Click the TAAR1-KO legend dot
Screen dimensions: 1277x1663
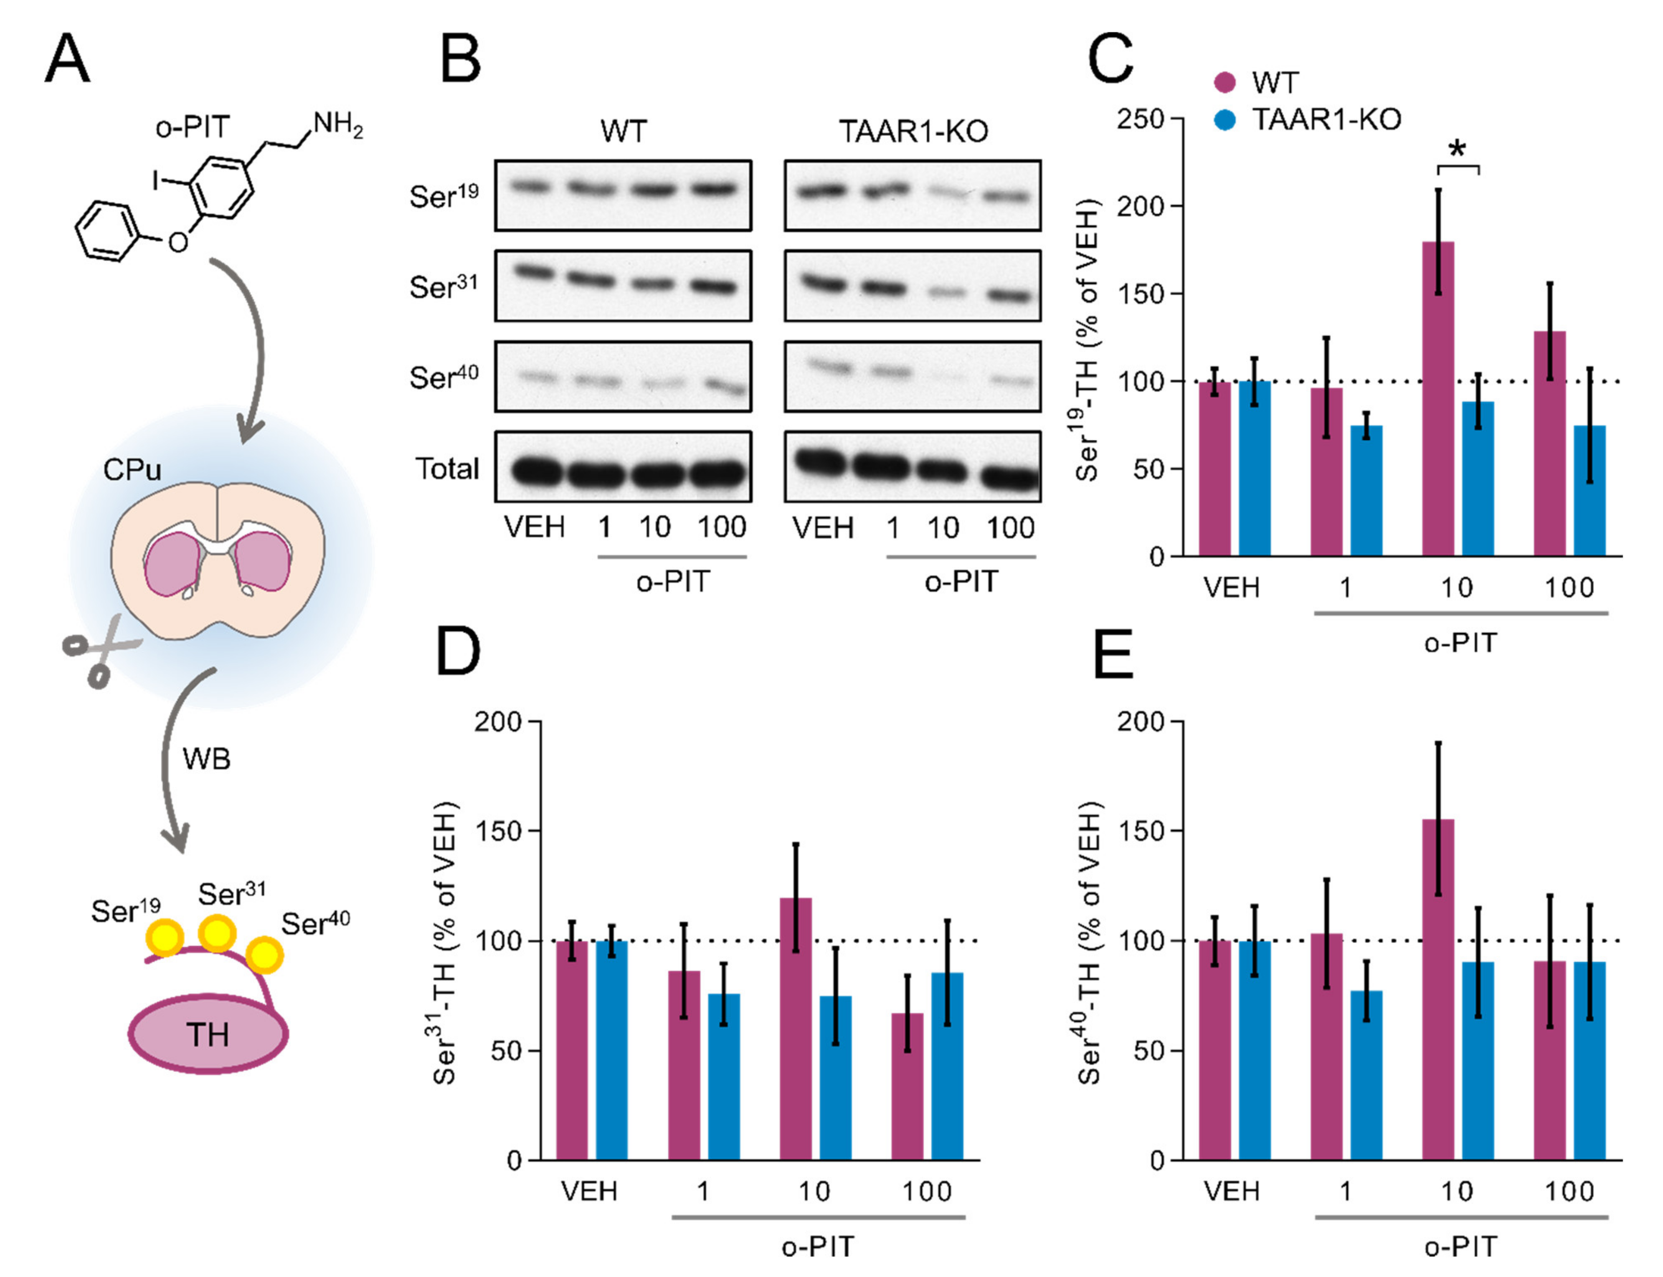[1224, 119]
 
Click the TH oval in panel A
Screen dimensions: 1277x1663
[208, 1034]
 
